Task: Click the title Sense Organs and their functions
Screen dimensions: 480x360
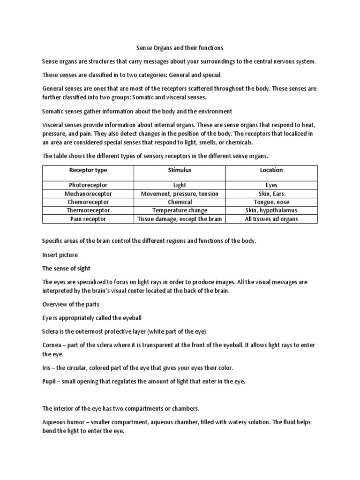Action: pos(180,48)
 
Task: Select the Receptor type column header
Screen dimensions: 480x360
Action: pos(88,170)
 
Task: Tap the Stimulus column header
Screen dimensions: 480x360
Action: pos(180,170)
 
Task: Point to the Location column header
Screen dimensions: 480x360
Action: pos(271,170)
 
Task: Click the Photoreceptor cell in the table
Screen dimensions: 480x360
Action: pos(88,186)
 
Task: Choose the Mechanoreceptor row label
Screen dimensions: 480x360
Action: pos(88,194)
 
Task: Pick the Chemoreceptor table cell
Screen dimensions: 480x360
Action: pos(88,202)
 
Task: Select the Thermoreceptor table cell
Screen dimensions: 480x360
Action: pos(88,210)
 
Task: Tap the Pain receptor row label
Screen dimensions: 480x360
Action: pos(88,219)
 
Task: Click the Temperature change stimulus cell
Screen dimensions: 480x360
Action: pos(180,210)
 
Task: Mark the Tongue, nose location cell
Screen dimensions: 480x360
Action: pos(271,202)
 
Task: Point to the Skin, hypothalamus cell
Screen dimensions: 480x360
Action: pos(271,210)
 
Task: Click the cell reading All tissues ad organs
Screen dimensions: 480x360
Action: pos(271,219)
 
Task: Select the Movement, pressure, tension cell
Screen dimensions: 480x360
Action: pos(180,194)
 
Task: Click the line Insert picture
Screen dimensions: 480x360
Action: pos(60,255)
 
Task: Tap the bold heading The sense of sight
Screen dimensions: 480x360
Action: pos(66,269)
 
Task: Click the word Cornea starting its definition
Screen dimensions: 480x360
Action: pos(53,345)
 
